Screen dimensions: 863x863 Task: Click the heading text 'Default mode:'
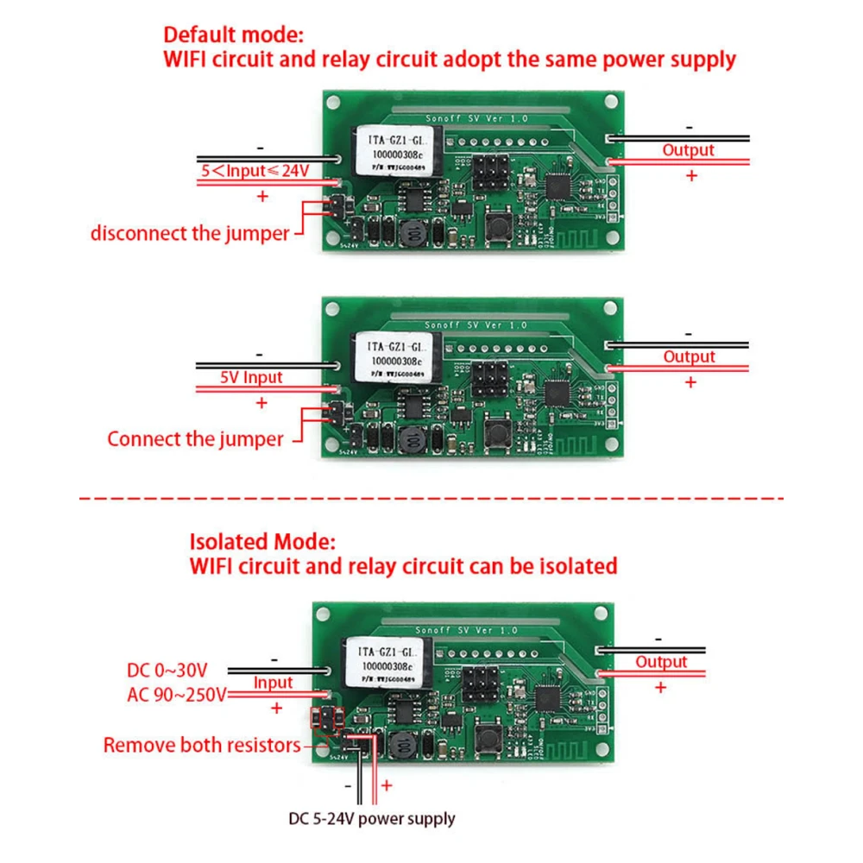pyautogui.click(x=233, y=35)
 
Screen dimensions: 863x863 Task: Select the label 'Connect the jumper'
pyautogui.click(x=195, y=438)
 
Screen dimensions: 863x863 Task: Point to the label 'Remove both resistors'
pyautogui.click(x=202, y=745)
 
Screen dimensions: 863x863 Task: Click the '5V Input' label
pyautogui.click(x=250, y=377)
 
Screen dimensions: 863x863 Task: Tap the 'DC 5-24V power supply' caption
pyautogui.click(x=372, y=818)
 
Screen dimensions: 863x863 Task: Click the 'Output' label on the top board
pyautogui.click(x=688, y=150)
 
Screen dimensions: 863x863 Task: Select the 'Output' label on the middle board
pyautogui.click(x=689, y=356)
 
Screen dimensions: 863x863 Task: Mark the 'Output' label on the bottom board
pyautogui.click(x=661, y=662)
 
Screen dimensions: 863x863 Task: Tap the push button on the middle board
pyautogui.click(x=498, y=431)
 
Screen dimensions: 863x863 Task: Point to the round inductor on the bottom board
pyautogui.click(x=403, y=745)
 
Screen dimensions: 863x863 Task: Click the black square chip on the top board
pyautogui.click(x=558, y=183)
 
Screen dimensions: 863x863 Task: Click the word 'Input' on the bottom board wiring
pyautogui.click(x=274, y=683)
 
